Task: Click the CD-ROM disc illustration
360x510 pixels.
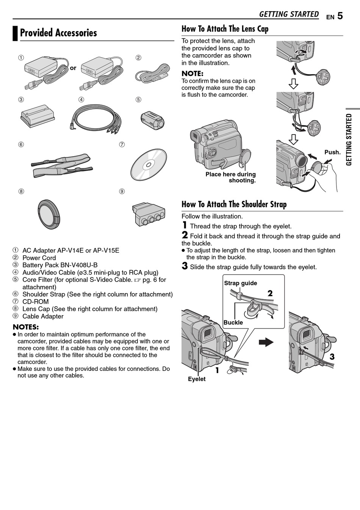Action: [149, 165]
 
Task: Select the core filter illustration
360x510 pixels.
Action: [152, 119]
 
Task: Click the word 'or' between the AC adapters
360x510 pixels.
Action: [73, 68]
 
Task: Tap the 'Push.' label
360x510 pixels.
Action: [332, 152]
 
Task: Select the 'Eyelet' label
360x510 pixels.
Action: [197, 379]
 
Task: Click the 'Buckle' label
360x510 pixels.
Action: [233, 323]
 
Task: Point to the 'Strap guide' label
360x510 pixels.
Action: [240, 283]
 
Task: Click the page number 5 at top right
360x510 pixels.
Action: [340, 16]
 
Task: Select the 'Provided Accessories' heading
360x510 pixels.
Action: [58, 33]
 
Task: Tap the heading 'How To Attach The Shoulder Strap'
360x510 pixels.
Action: [234, 204]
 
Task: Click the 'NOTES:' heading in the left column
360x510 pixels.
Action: [26, 327]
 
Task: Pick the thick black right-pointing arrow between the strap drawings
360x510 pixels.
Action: [266, 342]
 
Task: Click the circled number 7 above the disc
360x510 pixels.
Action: [122, 144]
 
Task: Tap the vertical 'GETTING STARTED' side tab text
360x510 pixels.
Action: [349, 139]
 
